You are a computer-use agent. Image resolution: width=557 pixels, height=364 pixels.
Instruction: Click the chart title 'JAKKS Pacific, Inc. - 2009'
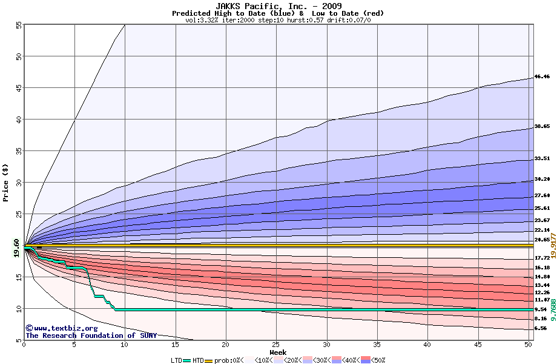click(x=278, y=6)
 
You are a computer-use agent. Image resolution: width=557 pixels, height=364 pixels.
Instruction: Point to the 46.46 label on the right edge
click(x=542, y=77)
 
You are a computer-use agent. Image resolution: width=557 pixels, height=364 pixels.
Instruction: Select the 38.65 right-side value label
click(x=542, y=127)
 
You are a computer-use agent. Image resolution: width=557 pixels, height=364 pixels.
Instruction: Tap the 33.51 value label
click(x=542, y=158)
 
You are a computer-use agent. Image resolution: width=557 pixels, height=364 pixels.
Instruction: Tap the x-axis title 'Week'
click(x=278, y=352)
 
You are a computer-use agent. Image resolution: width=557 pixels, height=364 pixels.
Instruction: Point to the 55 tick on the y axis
click(x=18, y=25)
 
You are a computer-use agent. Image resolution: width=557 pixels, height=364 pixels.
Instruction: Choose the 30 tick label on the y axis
click(x=18, y=183)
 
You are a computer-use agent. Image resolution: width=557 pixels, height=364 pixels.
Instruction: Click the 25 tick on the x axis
click(x=276, y=345)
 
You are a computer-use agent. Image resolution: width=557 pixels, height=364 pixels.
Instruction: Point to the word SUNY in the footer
click(x=147, y=335)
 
